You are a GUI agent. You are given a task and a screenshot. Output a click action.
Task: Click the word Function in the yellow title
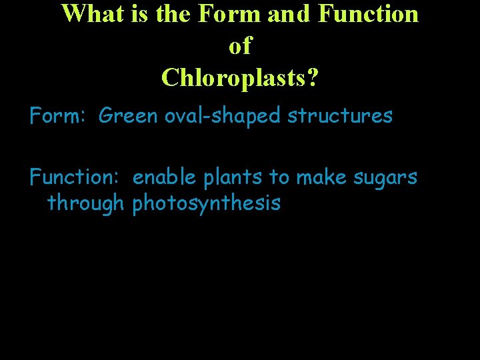point(363,14)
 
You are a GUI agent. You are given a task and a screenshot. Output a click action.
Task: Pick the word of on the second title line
point(240,45)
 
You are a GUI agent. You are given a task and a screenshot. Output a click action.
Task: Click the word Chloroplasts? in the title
point(240,77)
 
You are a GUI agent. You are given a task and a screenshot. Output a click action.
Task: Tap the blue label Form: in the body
point(58,116)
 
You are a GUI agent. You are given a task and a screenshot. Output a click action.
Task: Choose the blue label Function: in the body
point(74,177)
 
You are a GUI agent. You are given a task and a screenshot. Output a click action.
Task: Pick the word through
point(86,203)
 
